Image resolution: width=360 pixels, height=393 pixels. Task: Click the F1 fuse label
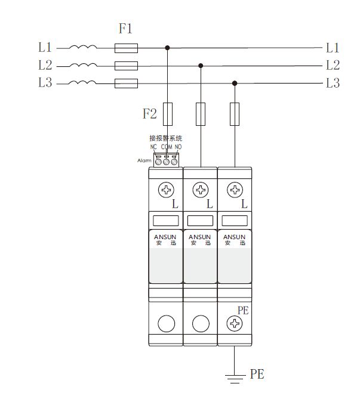coord(125,28)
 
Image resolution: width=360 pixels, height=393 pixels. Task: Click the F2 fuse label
coord(149,113)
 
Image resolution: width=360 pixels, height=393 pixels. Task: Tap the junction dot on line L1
coord(167,48)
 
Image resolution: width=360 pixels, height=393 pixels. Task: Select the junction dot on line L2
coord(201,66)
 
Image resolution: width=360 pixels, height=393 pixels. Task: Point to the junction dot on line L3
coord(235,83)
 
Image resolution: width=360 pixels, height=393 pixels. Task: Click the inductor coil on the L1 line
coord(83,47)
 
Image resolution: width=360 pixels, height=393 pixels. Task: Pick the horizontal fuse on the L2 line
coord(126,66)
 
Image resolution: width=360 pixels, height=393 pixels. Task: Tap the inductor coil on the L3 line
coord(82,82)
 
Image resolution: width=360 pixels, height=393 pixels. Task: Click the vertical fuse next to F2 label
coord(168,114)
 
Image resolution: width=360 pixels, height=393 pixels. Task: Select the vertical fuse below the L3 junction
coord(235,114)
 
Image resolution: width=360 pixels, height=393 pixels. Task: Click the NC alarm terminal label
coord(153,147)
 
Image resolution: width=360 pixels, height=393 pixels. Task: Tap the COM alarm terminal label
coord(167,147)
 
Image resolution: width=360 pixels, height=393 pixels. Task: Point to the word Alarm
coord(144,160)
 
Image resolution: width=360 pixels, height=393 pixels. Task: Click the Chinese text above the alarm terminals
coord(166,138)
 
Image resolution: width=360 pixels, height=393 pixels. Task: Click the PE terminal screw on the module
coord(235,323)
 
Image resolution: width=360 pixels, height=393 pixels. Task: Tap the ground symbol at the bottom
coord(235,379)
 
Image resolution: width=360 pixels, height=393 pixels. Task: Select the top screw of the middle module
coord(201,190)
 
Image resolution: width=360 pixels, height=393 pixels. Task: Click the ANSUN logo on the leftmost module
coord(165,237)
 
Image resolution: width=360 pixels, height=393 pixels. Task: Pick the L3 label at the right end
coord(333,83)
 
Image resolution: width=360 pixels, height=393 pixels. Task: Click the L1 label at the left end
coord(45,47)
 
